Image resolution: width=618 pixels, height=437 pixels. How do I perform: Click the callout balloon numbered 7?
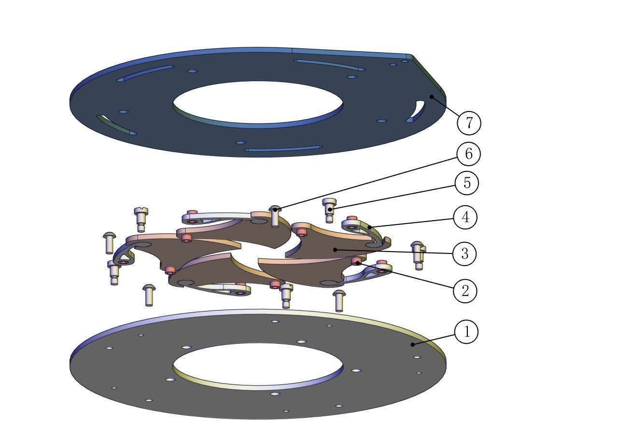click(x=469, y=123)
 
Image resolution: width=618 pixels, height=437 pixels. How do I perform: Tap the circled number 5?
click(x=466, y=183)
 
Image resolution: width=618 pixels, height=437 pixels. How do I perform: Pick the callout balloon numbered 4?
click(x=465, y=217)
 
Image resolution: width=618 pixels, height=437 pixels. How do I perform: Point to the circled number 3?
click(x=464, y=254)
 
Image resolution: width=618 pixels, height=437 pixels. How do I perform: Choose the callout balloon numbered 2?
click(x=465, y=291)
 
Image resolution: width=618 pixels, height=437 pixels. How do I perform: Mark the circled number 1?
click(x=466, y=332)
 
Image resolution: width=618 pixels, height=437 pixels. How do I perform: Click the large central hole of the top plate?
click(x=258, y=102)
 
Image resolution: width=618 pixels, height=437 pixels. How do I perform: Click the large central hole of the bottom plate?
click(x=258, y=365)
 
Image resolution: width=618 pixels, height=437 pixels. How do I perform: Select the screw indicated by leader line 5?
click(x=329, y=209)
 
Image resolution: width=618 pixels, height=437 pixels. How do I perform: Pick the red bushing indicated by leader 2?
click(x=357, y=262)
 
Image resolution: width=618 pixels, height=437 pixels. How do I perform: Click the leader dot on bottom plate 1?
click(x=412, y=344)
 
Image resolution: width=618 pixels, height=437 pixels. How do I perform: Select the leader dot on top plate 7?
click(x=432, y=97)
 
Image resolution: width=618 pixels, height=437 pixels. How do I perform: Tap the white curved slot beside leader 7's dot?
click(x=417, y=111)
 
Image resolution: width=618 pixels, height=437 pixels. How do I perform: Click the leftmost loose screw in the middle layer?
click(x=109, y=242)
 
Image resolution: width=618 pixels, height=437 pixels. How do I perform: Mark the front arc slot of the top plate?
click(x=283, y=149)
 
